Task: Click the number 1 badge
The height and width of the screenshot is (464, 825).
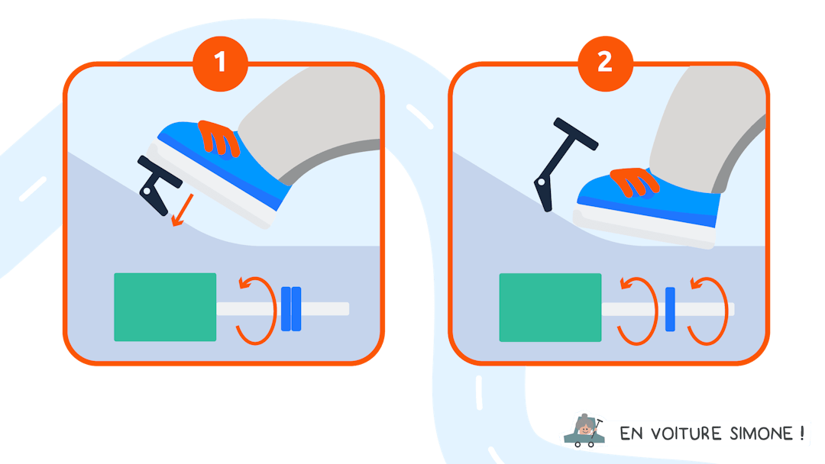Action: click(221, 63)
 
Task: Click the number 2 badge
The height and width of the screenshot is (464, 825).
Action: click(605, 63)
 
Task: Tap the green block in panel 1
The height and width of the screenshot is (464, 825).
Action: click(165, 307)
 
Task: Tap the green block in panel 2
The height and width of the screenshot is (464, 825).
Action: click(550, 308)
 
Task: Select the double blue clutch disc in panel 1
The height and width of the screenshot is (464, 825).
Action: click(291, 309)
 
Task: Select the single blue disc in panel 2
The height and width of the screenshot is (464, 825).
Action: click(671, 310)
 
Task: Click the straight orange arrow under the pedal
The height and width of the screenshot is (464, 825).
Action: click(183, 210)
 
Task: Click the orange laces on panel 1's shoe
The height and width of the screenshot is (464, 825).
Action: click(220, 138)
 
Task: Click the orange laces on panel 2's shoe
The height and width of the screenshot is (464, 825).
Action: click(635, 182)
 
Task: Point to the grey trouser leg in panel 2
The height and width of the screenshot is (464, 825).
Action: click(705, 126)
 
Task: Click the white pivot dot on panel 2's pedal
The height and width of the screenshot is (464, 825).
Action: click(541, 182)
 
